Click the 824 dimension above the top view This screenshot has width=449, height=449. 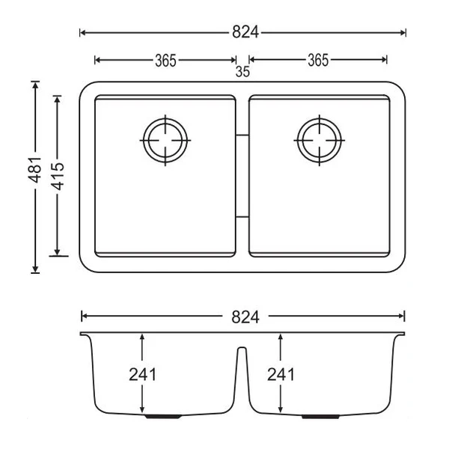[x=244, y=32]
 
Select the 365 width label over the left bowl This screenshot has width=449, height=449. [x=165, y=61]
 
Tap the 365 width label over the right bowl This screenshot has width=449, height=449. [x=318, y=61]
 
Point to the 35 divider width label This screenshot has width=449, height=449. [x=242, y=73]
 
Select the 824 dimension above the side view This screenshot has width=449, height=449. [x=244, y=317]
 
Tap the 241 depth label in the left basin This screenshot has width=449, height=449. [x=142, y=374]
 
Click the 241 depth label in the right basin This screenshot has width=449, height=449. [x=280, y=374]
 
